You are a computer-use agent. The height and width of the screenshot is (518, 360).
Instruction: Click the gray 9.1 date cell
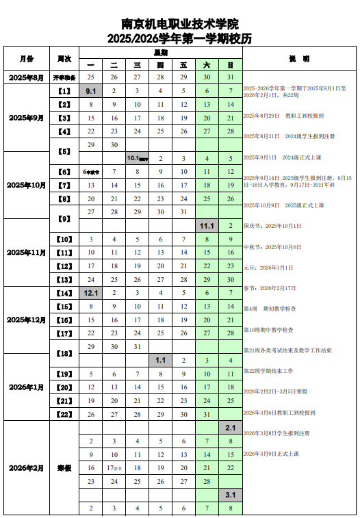click(x=91, y=91)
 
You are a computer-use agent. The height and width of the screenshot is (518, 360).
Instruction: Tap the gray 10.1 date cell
click(x=138, y=158)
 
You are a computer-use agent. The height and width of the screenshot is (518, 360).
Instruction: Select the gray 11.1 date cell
click(x=207, y=225)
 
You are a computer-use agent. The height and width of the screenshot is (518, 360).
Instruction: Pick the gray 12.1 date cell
click(x=91, y=293)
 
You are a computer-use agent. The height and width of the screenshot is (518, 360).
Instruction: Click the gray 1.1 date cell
click(x=161, y=360)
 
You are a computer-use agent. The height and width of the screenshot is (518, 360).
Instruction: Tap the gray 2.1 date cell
click(x=231, y=428)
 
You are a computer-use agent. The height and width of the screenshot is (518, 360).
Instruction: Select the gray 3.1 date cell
click(x=231, y=495)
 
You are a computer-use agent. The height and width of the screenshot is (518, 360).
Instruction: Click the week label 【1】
click(x=65, y=91)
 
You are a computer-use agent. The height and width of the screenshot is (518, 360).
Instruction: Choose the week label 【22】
click(x=65, y=414)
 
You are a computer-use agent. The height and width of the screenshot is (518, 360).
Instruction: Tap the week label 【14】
click(x=65, y=293)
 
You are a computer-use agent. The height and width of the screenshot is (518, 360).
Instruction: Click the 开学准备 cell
click(x=65, y=78)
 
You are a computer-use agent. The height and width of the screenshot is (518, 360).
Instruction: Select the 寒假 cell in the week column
click(x=65, y=468)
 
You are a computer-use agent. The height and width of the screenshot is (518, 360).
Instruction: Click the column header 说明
click(x=299, y=59)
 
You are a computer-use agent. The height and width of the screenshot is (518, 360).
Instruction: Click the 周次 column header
click(x=65, y=59)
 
